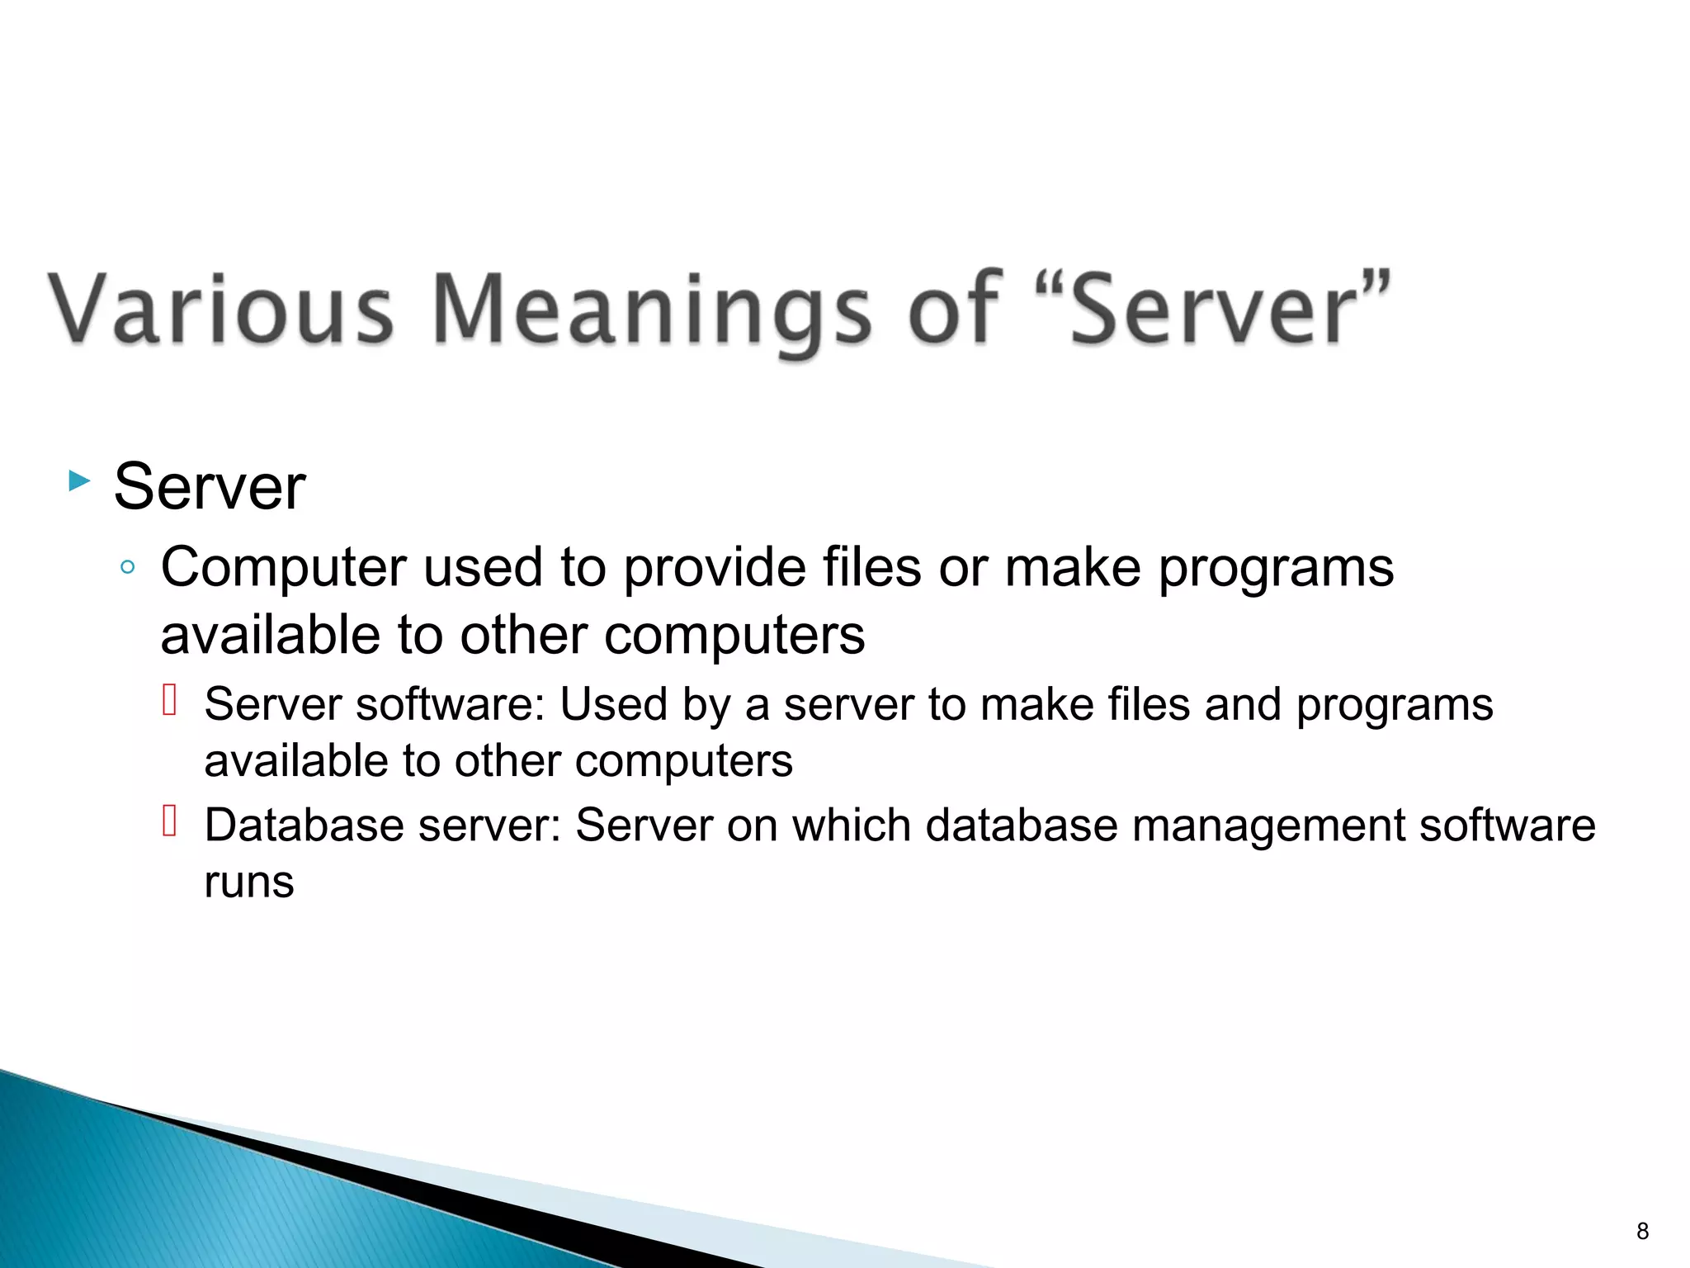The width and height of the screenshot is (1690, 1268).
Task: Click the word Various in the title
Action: click(x=221, y=309)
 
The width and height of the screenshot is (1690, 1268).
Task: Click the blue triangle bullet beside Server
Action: click(x=78, y=480)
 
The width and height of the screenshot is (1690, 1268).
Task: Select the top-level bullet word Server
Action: click(x=210, y=487)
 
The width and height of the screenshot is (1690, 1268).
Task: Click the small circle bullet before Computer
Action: click(x=127, y=567)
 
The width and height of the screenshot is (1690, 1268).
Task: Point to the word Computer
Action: click(x=283, y=569)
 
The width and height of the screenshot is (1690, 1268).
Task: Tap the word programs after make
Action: click(x=1276, y=569)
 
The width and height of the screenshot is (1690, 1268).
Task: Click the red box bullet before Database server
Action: click(x=170, y=821)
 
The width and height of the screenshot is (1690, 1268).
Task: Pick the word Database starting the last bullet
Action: click(x=304, y=826)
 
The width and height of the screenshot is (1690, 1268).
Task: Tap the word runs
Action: click(x=248, y=882)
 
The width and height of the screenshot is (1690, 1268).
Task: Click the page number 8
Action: click(x=1642, y=1231)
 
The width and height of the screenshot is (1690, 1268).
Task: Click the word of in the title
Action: click(x=955, y=309)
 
